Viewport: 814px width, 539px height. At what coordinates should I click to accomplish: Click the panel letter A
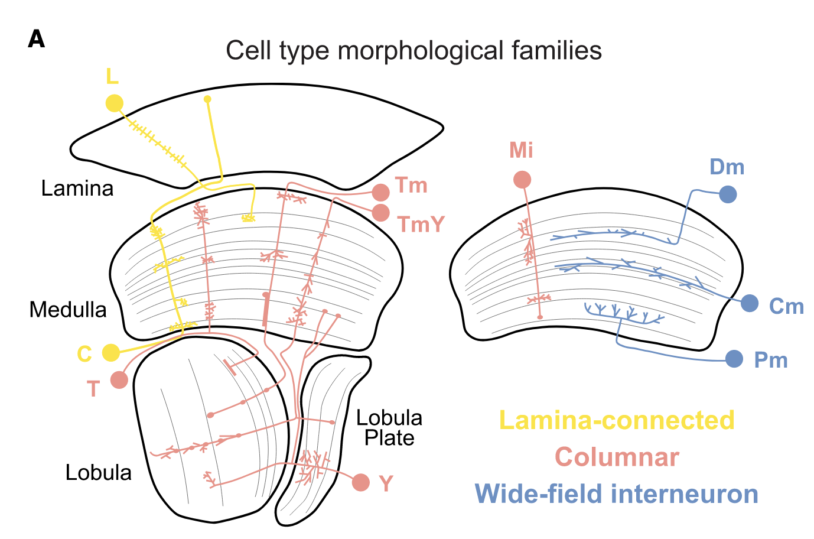tap(36, 40)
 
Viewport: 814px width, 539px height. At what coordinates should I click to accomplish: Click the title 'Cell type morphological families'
tap(413, 51)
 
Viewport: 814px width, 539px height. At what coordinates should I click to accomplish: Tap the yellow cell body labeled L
tap(115, 103)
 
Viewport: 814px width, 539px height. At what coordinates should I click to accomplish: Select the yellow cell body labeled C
tap(110, 353)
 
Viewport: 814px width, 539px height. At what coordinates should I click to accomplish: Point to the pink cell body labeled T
tap(119, 380)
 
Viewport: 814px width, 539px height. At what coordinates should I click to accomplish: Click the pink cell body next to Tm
tap(381, 192)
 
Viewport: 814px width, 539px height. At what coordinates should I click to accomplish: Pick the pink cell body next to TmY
tap(381, 213)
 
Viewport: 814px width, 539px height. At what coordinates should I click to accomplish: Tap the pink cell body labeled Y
tap(361, 482)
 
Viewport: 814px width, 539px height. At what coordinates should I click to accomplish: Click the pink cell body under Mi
tap(522, 180)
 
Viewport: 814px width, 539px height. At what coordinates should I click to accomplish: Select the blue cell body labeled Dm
tap(728, 194)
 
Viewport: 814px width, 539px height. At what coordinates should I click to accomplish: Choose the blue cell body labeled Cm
tap(750, 303)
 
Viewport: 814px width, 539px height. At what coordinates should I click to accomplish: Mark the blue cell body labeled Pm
tap(734, 359)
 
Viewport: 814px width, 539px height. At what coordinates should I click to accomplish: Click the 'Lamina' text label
tap(77, 189)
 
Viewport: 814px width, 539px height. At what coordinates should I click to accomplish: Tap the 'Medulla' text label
tap(68, 310)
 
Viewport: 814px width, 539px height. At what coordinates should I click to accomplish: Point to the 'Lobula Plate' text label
tap(389, 428)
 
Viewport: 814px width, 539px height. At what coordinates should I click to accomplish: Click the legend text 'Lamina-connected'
tap(617, 420)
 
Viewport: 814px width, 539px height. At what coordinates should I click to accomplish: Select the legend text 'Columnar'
tap(617, 457)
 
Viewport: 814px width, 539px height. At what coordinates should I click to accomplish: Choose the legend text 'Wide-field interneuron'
tap(617, 494)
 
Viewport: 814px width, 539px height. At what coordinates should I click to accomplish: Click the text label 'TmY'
tap(421, 225)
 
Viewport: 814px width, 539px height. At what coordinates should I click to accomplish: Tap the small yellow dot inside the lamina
tap(207, 99)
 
